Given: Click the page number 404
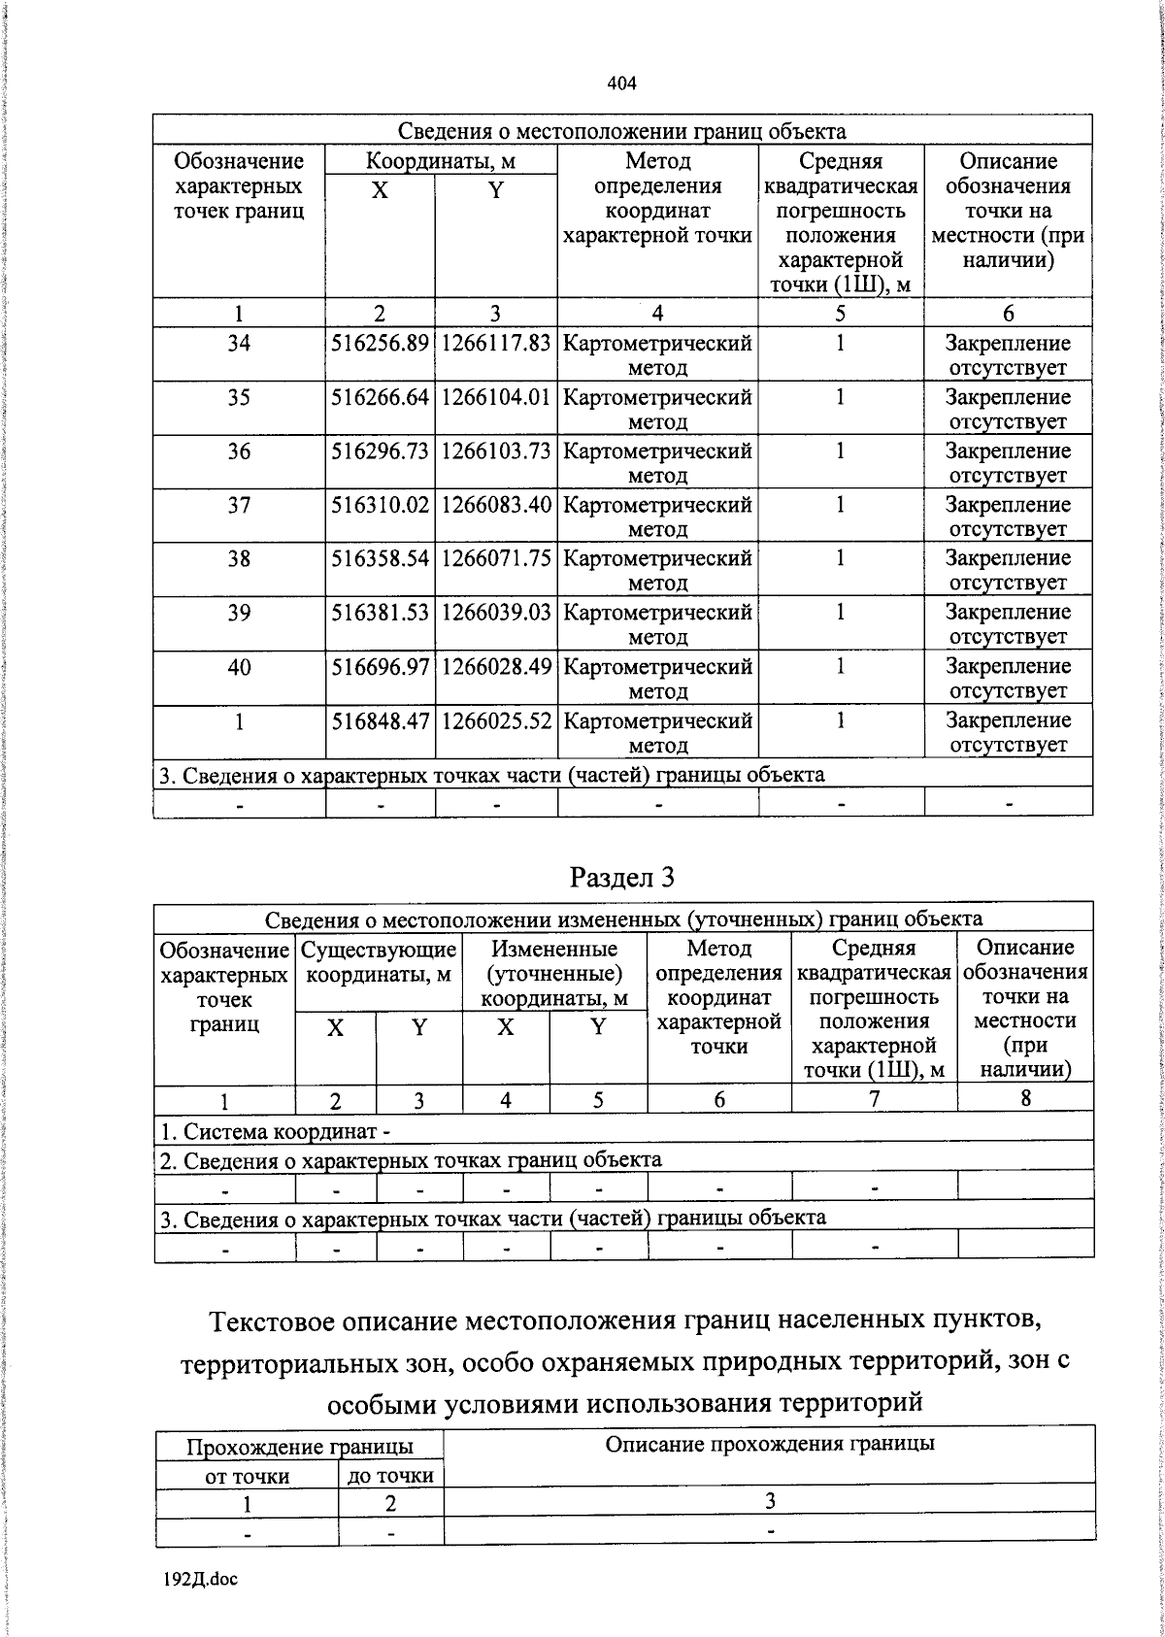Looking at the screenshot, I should [621, 84].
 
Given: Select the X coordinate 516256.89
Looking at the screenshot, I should [380, 344].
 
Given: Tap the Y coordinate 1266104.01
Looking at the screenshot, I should [496, 398].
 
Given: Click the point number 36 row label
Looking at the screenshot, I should [239, 451].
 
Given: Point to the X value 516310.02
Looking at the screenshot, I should [380, 506].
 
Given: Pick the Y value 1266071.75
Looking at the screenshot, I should [496, 559].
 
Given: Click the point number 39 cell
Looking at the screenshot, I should [239, 614].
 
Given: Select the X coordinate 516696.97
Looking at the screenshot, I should [380, 667].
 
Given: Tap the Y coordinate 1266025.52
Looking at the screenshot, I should [496, 721].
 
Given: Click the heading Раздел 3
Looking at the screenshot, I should [621, 877].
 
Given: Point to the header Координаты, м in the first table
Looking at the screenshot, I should [440, 161].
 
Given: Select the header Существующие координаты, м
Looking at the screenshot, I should [379, 961].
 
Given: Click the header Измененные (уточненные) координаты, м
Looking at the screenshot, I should [554, 973].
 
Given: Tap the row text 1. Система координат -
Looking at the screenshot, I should [276, 1131].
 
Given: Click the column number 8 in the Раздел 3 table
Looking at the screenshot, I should [1025, 1098].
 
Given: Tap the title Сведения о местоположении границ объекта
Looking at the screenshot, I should [621, 131].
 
